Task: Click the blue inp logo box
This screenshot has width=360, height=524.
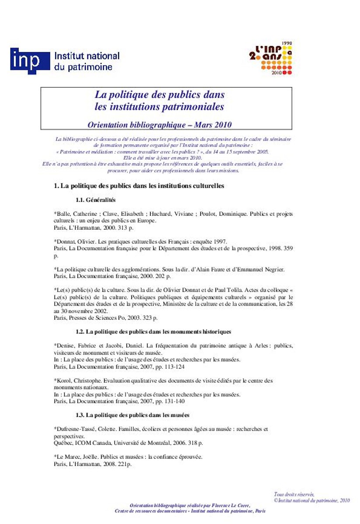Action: [x=30, y=61]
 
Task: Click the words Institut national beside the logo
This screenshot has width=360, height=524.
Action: [x=87, y=56]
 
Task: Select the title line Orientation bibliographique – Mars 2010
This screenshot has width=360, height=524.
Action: [x=159, y=125]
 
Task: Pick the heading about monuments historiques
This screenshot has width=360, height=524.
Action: [x=153, y=332]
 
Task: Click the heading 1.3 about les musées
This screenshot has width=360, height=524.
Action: [x=132, y=415]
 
